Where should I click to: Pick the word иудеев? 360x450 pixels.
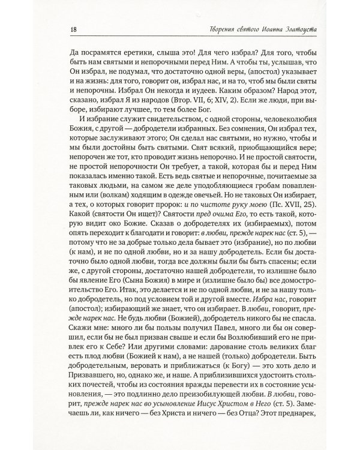pos(183,99)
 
